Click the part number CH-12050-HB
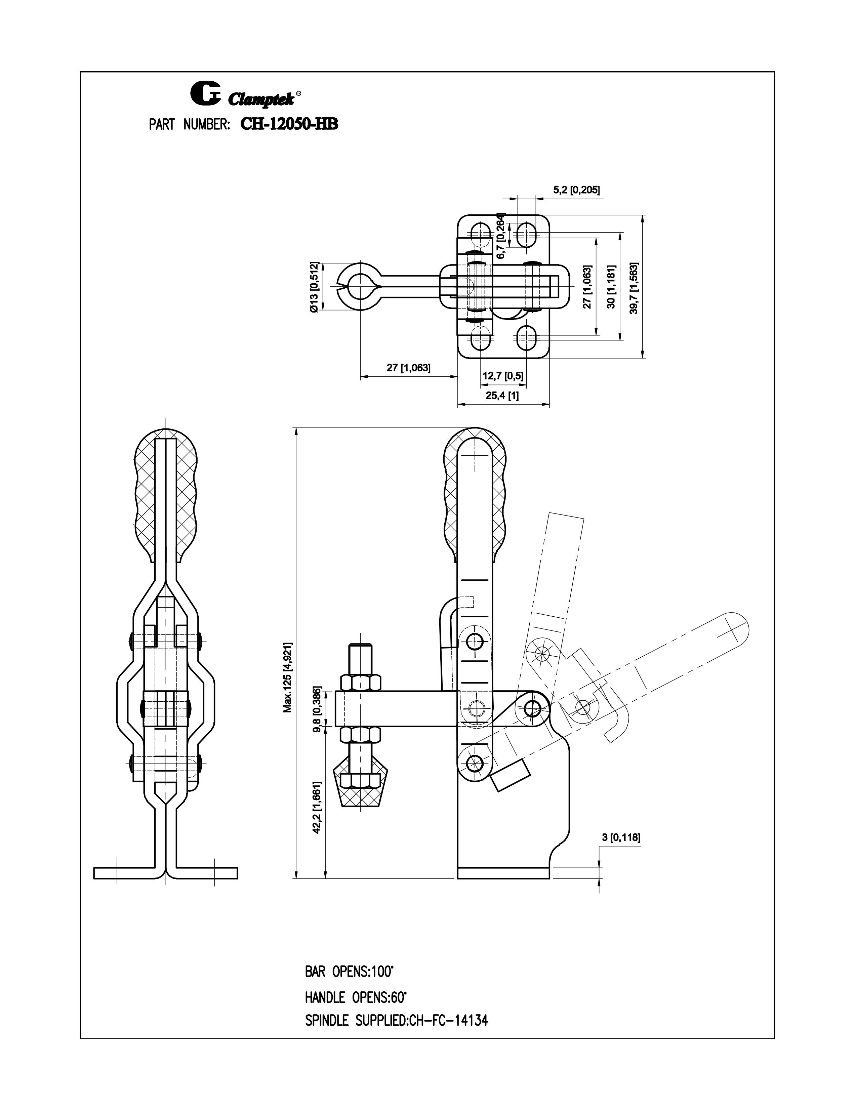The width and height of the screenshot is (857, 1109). [289, 124]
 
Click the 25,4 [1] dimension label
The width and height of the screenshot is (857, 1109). [502, 396]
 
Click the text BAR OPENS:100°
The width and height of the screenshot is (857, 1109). [349, 972]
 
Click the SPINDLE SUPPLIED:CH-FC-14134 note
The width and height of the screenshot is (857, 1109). [396, 1020]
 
